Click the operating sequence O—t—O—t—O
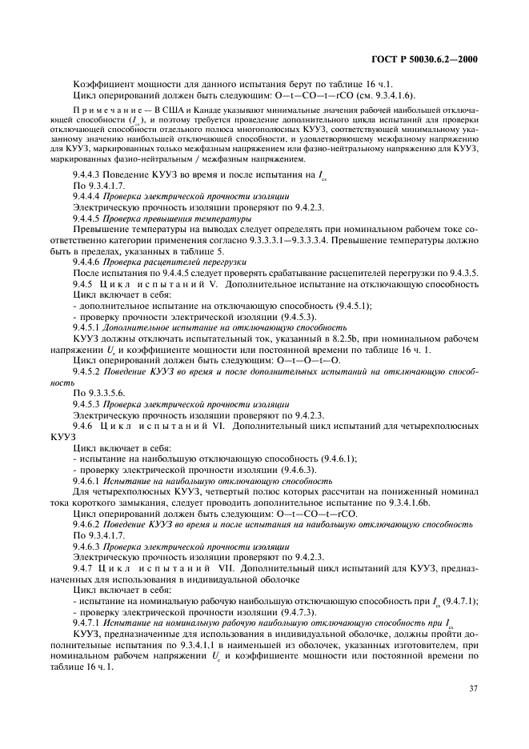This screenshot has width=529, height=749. (x=303, y=360)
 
